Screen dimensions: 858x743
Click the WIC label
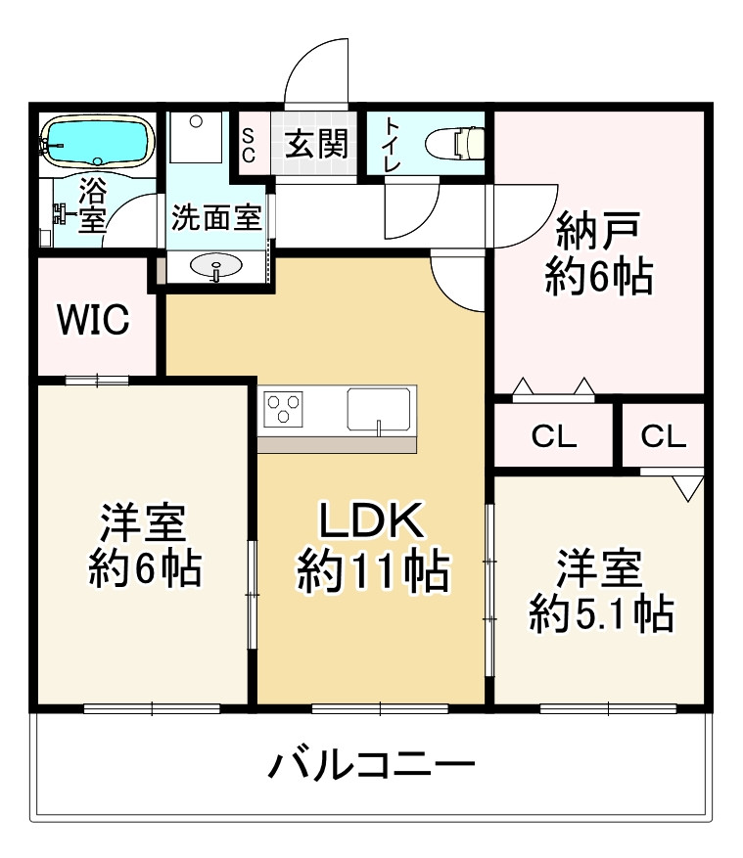(93, 319)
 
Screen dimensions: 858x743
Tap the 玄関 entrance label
(316, 145)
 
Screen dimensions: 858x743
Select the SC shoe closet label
(249, 145)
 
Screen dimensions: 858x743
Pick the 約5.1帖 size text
(600, 613)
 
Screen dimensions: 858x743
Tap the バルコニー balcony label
(372, 764)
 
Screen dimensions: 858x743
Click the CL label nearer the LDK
(554, 437)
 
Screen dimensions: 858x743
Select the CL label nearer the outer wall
(664, 437)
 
